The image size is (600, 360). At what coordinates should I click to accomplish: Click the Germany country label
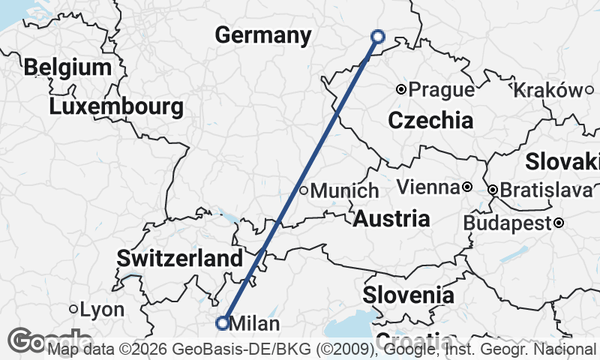[x=262, y=35]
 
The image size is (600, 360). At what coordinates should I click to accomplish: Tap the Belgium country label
[x=67, y=67]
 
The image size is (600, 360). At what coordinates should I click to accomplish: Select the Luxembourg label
[x=116, y=106]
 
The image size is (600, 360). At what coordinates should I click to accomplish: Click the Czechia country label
[x=430, y=120]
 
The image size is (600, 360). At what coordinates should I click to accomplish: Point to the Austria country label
[x=391, y=219]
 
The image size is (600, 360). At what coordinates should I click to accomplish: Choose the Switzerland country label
[x=180, y=259]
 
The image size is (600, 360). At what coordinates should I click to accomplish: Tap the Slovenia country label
[x=408, y=295]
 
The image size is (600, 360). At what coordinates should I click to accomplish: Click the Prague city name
[x=442, y=90]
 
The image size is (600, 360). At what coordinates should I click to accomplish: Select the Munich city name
[x=344, y=191]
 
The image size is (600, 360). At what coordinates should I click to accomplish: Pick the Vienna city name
[x=427, y=187]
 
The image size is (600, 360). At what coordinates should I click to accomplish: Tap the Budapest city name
[x=507, y=223]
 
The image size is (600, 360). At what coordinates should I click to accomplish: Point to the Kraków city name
[x=548, y=90]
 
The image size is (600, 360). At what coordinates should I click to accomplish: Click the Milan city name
[x=255, y=324]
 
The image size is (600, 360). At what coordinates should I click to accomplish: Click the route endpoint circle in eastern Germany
[x=378, y=36]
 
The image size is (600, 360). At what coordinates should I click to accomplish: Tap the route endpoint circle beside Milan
[x=222, y=323]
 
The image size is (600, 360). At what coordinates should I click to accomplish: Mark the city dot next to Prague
[x=401, y=89]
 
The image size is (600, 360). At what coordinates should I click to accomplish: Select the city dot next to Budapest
[x=559, y=223]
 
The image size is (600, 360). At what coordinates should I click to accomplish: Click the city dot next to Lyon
[x=73, y=309]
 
